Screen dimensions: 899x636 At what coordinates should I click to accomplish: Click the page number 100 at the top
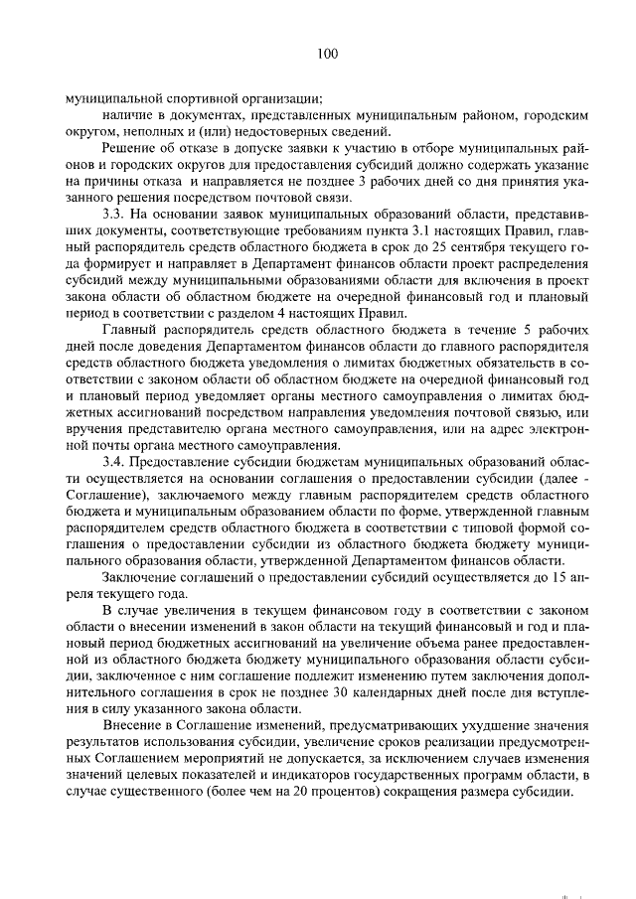317,55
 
